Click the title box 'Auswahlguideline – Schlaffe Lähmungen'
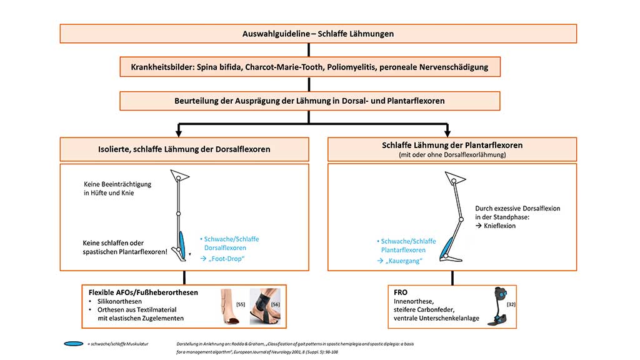tap(318, 34)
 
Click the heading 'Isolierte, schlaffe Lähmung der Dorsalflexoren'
tap(184, 149)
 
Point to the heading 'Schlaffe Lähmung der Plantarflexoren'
tap(452, 145)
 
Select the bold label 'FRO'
tap(401, 292)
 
